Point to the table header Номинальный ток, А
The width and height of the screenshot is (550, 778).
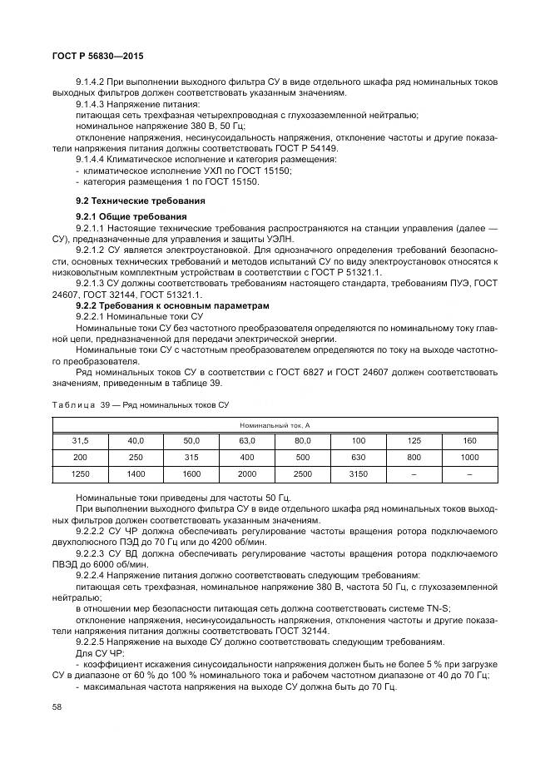tap(275, 424)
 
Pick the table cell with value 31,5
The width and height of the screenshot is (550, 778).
tap(80, 440)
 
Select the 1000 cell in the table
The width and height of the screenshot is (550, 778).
tap(469, 457)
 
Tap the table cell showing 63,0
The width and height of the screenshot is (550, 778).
tap(247, 440)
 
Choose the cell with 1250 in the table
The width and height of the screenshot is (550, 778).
tap(80, 473)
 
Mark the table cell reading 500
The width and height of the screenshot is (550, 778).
tap(303, 457)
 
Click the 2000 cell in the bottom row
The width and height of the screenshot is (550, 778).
tap(247, 473)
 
